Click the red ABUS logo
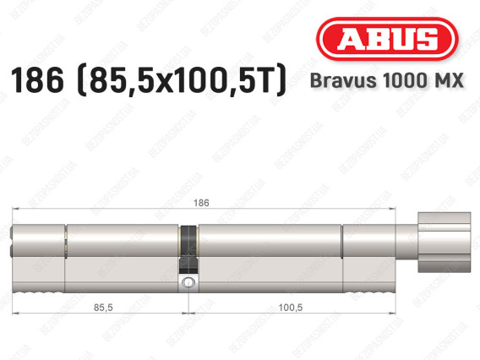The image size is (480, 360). tap(385, 38)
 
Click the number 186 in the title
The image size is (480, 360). tap(35, 82)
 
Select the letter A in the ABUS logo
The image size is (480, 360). tap(346, 39)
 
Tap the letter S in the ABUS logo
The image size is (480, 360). tap(425, 39)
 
